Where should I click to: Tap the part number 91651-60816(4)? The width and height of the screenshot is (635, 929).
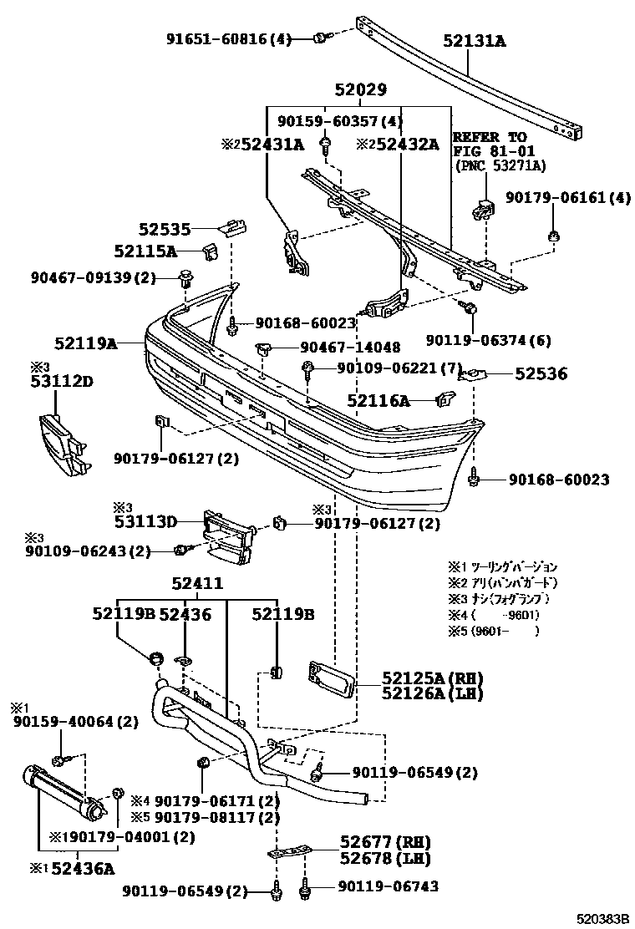[228, 38]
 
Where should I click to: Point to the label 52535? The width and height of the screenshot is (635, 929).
[165, 228]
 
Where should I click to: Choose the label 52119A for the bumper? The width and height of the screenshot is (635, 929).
[85, 342]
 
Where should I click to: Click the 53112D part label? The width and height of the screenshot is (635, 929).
[62, 383]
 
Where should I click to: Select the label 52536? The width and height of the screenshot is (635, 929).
[541, 374]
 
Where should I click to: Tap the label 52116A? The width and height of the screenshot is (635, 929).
[378, 401]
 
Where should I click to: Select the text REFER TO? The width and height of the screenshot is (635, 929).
[490, 137]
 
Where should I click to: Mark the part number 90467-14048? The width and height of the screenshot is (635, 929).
[350, 347]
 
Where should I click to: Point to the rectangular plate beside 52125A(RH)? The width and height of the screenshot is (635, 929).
[333, 678]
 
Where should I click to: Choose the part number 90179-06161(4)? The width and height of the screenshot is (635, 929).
[568, 198]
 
